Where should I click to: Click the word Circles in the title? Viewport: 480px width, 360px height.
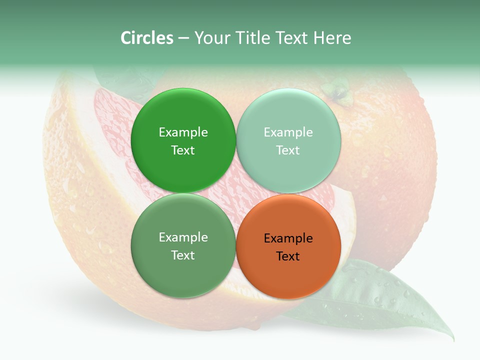[146, 38]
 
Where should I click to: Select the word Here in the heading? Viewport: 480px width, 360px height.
[332, 38]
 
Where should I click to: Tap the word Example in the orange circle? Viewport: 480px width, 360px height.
[288, 238]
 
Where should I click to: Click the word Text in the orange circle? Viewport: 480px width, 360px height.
[288, 256]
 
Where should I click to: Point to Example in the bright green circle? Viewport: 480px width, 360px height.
[183, 132]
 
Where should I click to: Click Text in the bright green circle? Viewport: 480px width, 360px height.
[183, 150]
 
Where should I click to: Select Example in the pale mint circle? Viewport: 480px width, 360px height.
[288, 132]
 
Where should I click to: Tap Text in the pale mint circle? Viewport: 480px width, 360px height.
[288, 150]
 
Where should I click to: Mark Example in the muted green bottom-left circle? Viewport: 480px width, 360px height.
[183, 237]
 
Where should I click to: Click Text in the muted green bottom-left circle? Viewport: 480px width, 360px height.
[183, 255]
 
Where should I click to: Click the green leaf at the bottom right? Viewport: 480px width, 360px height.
[380, 300]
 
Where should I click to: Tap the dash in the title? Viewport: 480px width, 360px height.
[183, 38]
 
